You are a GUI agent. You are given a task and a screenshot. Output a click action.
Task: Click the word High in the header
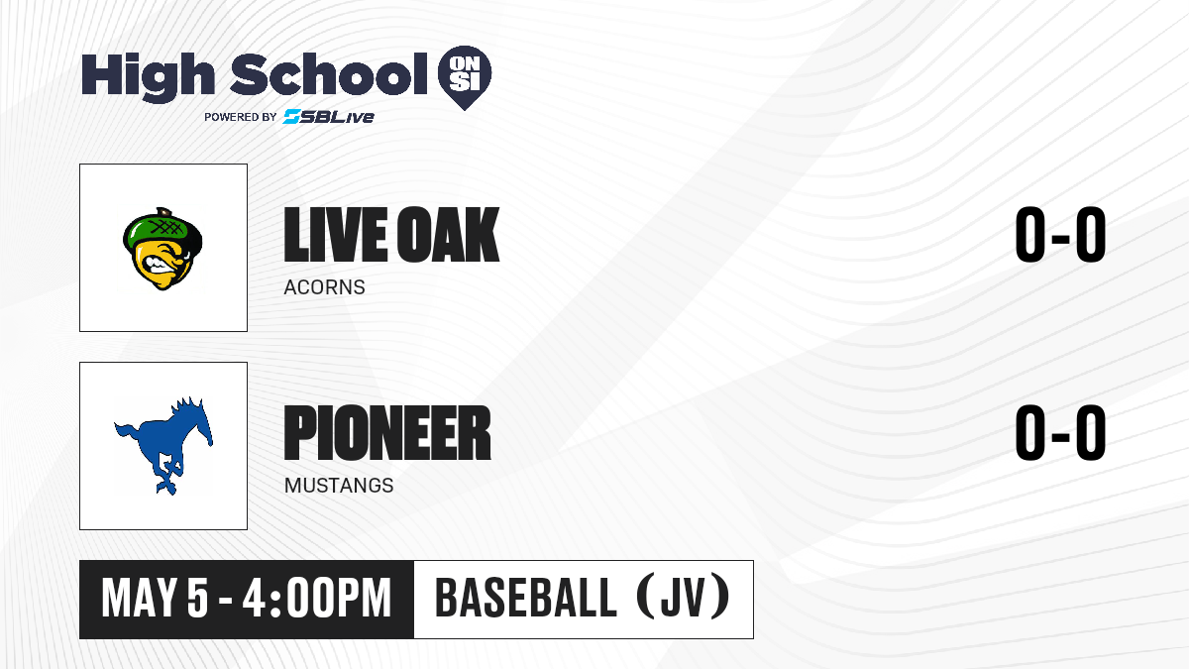(149, 77)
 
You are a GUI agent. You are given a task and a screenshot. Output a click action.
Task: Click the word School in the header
(329, 74)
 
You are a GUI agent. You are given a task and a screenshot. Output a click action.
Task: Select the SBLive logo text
(328, 116)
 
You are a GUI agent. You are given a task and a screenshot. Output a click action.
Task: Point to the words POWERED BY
(240, 117)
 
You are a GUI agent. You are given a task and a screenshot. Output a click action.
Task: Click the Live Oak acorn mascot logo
(162, 249)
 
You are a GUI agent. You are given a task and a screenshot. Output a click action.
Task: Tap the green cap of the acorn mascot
(162, 229)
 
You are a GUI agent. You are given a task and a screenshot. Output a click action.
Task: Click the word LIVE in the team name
(336, 234)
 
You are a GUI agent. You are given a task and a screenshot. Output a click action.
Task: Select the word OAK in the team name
(449, 234)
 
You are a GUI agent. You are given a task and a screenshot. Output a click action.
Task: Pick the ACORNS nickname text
(324, 287)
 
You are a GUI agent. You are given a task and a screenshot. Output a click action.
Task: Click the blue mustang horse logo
(163, 446)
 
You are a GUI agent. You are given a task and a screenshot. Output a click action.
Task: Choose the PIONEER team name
(387, 433)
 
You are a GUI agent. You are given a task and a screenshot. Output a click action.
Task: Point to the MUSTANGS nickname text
(339, 486)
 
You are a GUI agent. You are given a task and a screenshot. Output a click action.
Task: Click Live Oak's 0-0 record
(1060, 234)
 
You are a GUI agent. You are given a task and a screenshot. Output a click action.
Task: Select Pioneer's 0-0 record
(1060, 433)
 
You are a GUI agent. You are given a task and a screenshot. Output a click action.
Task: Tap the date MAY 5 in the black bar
(155, 598)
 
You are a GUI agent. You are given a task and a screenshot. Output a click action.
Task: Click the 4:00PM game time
(317, 598)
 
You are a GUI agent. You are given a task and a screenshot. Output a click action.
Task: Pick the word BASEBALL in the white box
(525, 598)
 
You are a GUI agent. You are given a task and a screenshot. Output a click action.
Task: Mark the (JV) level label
(683, 597)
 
